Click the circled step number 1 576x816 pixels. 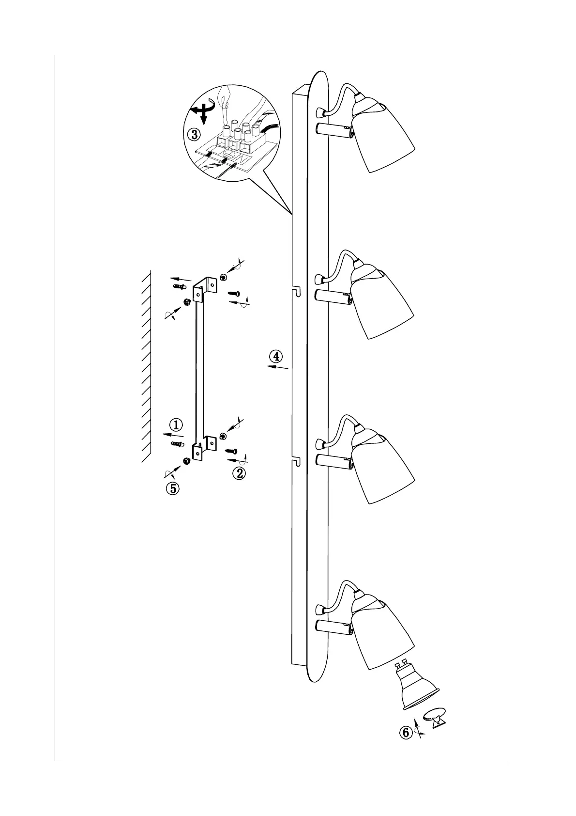point(177,425)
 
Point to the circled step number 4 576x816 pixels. point(275,357)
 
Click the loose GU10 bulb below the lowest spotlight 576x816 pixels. point(415,687)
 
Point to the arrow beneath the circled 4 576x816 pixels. point(278,368)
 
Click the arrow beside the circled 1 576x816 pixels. point(172,434)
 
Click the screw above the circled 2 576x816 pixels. point(231,450)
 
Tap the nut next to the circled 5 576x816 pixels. point(186,460)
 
